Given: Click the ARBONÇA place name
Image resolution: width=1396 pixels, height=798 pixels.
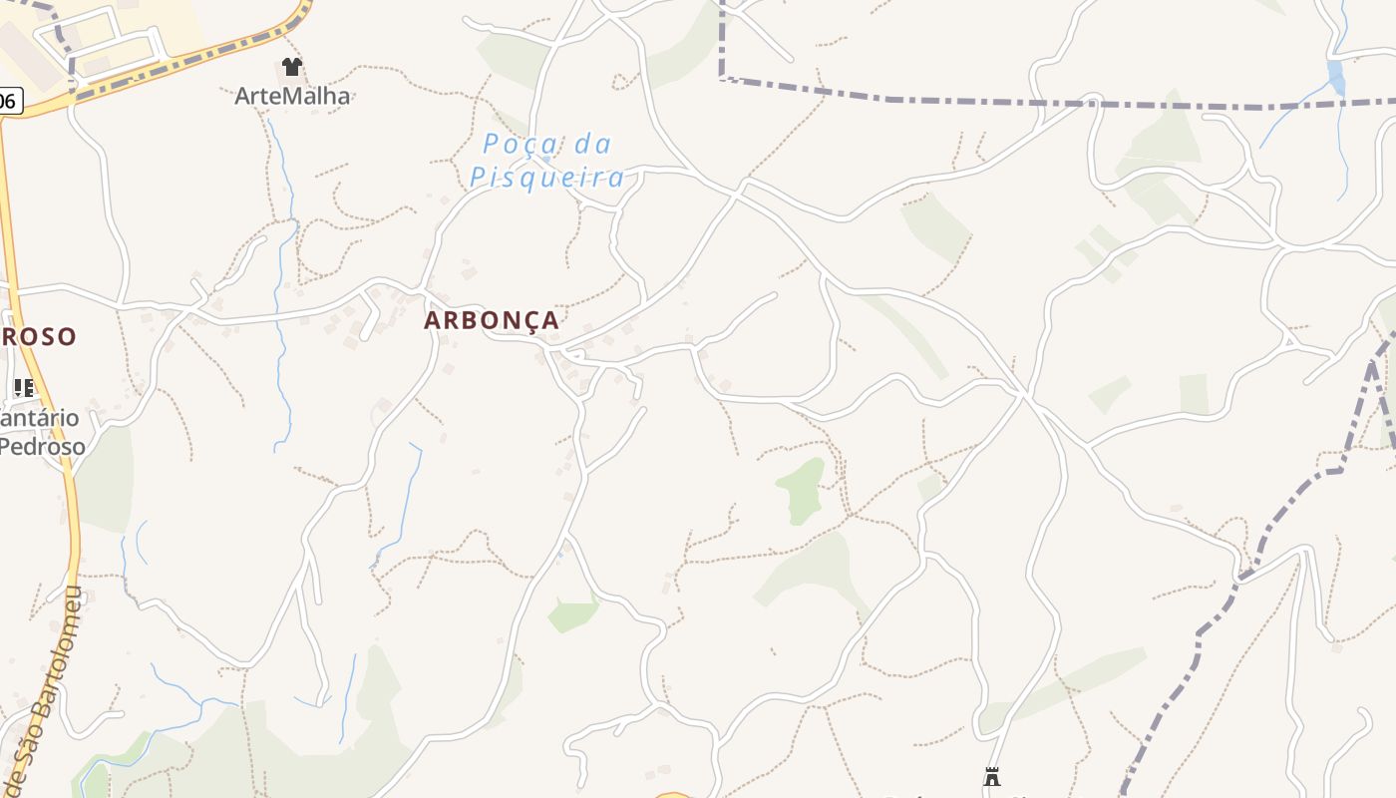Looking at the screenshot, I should coord(492,320).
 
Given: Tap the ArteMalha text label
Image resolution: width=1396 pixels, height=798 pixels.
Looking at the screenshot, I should coord(292,97).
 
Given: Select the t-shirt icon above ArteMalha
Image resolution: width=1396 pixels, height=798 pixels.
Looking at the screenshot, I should coord(291,67).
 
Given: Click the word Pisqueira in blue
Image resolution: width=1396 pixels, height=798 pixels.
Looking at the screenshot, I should coord(547,178).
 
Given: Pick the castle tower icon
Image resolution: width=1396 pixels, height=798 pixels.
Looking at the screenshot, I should coord(991,776).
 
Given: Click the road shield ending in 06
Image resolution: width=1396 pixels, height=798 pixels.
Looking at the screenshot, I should coord(8,101).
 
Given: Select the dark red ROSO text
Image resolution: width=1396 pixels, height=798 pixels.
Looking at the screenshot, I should coord(38,336).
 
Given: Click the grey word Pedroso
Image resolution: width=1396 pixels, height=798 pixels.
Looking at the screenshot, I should coord(42,446).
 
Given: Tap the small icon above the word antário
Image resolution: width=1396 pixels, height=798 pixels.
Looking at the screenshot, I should coord(24,388).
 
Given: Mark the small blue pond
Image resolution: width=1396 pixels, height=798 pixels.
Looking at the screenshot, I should coord(1335,77).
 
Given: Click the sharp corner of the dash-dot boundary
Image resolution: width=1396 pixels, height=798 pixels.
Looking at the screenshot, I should coord(722,77).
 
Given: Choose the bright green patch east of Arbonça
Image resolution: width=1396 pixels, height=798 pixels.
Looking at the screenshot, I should coord(801,489).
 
